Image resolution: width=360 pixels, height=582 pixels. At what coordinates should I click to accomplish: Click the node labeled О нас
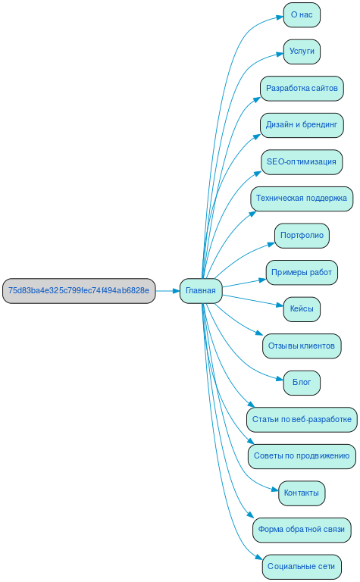(302, 14)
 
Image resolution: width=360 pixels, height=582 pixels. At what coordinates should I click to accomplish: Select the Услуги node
(302, 52)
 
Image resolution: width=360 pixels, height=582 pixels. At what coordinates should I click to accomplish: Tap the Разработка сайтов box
(302, 88)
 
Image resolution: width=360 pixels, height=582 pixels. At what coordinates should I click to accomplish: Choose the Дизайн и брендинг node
(302, 125)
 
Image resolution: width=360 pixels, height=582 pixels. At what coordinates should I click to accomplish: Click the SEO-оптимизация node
(302, 161)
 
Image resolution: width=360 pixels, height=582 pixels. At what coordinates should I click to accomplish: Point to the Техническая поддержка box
(302, 199)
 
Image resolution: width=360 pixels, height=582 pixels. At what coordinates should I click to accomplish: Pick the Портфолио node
(302, 236)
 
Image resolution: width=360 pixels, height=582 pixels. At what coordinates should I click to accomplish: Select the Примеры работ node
(302, 272)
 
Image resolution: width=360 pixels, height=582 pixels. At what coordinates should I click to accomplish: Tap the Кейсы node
(302, 309)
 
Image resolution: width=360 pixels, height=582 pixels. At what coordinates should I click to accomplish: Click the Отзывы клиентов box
(302, 346)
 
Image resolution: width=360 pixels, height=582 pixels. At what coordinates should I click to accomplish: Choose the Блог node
(302, 383)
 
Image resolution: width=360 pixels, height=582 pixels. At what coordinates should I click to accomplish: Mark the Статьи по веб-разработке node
(302, 420)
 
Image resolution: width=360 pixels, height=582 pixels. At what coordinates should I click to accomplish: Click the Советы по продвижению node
(302, 456)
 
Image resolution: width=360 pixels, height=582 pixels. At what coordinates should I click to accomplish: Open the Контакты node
(302, 493)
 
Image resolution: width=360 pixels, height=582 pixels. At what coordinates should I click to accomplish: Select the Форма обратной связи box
(302, 530)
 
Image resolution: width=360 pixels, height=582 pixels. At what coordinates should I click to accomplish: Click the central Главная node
(201, 291)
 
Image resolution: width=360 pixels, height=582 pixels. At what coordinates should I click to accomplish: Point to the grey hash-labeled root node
(79, 291)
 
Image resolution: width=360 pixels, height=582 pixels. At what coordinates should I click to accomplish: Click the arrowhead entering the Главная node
(175, 291)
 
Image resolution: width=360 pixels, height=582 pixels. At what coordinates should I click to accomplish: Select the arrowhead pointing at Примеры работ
(262, 280)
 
